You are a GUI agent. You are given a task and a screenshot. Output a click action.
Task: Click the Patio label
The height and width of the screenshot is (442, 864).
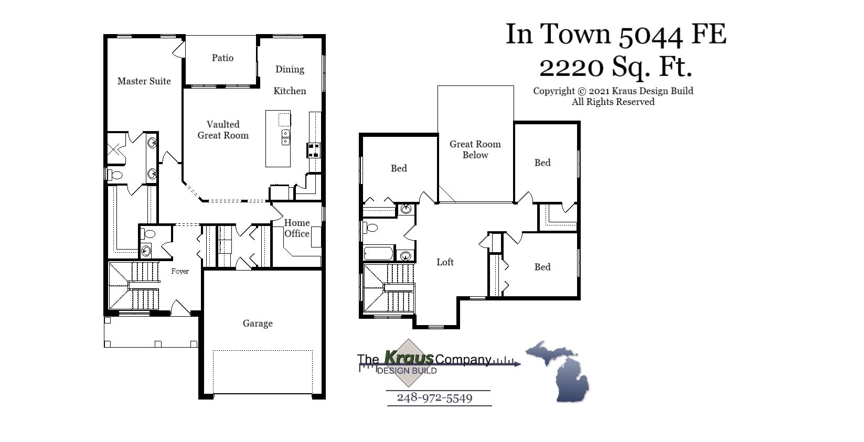click(222, 58)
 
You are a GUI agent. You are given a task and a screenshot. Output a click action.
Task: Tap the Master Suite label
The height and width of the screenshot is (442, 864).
click(144, 81)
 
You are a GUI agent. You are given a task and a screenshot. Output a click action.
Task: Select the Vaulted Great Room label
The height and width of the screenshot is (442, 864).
click(223, 130)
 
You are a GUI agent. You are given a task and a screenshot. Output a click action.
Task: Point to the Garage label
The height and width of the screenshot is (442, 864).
click(258, 323)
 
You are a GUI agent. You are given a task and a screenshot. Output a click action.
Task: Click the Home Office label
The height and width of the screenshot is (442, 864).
click(296, 228)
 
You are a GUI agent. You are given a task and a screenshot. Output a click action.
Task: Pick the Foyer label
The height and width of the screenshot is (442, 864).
click(180, 271)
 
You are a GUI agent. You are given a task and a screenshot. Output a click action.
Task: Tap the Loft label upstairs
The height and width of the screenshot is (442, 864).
click(445, 262)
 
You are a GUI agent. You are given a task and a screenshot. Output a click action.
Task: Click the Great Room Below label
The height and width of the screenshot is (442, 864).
click(475, 149)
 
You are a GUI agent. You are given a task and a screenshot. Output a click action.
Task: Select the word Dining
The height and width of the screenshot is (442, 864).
click(290, 69)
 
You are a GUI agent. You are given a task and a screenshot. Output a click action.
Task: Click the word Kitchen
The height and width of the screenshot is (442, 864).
click(290, 91)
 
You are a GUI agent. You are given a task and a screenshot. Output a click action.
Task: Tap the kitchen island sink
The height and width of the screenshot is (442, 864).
click(285, 137)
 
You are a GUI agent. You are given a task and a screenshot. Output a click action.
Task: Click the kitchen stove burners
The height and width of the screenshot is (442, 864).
click(314, 150)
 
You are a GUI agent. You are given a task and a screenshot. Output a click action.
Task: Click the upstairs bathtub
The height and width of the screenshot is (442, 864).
click(378, 254)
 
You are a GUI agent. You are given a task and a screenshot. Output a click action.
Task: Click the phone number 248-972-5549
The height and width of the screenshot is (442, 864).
click(434, 397)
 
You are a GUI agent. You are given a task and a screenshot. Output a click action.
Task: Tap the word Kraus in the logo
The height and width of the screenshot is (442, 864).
click(409, 358)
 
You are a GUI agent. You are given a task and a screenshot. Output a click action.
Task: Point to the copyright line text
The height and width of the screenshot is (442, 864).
click(613, 91)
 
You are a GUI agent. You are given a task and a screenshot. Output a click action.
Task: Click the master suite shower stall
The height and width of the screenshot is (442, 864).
click(116, 148)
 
